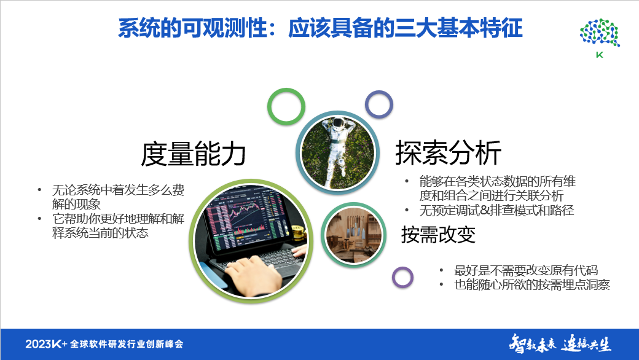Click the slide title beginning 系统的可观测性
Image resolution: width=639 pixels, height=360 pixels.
(x=319, y=28)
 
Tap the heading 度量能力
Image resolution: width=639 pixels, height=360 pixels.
(x=194, y=154)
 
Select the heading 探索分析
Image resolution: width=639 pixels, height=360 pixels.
(x=448, y=153)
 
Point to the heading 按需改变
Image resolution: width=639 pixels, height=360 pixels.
(x=438, y=234)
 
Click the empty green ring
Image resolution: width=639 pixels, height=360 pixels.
(x=286, y=107)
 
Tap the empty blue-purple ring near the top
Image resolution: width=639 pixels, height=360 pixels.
(x=379, y=104)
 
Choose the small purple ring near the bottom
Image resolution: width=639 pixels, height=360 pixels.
(x=402, y=277)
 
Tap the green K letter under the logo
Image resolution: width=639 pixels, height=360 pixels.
(x=598, y=55)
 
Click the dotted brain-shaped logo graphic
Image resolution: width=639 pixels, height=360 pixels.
(x=598, y=33)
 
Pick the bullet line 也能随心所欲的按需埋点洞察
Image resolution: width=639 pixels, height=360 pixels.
(x=531, y=284)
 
